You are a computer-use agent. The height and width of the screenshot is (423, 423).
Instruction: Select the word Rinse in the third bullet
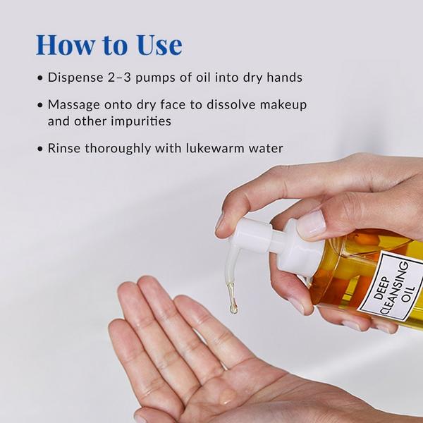65,148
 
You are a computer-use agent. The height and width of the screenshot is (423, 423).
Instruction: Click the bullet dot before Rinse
41,148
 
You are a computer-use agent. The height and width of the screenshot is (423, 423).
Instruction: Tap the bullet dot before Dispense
41,78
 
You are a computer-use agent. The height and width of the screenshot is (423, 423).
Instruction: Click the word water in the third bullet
263,148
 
